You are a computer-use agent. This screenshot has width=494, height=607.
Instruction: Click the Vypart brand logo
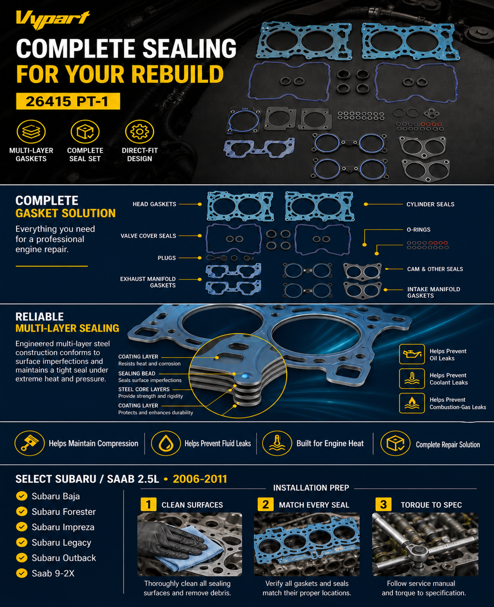(x=53, y=19)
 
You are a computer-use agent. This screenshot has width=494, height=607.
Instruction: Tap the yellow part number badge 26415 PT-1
(x=68, y=101)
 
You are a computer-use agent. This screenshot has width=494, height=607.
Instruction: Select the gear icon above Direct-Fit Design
(x=139, y=132)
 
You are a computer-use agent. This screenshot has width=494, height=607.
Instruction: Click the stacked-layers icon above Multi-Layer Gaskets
(x=31, y=132)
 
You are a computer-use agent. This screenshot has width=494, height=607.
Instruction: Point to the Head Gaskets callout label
(x=154, y=204)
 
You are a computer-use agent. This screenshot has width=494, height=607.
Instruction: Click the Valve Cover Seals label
(x=148, y=236)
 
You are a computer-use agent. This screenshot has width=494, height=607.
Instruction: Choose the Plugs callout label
(x=167, y=258)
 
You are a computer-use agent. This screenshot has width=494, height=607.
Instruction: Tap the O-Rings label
(x=418, y=230)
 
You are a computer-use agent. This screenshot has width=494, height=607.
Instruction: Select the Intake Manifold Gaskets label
(x=434, y=292)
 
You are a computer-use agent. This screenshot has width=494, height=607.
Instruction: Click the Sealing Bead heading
(x=137, y=373)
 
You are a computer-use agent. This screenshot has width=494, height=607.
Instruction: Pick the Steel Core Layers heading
(x=144, y=389)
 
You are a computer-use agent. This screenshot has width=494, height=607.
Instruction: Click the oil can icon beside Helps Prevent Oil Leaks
(x=412, y=354)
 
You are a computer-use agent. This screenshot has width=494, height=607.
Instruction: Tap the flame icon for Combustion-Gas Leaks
(x=412, y=403)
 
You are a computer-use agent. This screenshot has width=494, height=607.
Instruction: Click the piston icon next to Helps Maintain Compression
(x=30, y=443)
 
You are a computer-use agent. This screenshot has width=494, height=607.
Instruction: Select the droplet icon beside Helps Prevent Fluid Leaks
(x=166, y=443)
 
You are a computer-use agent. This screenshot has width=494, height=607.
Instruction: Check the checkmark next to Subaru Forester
(x=22, y=512)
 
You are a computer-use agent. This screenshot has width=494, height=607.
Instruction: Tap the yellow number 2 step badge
(x=266, y=504)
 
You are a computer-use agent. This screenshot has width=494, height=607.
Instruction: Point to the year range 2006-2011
(x=200, y=479)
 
